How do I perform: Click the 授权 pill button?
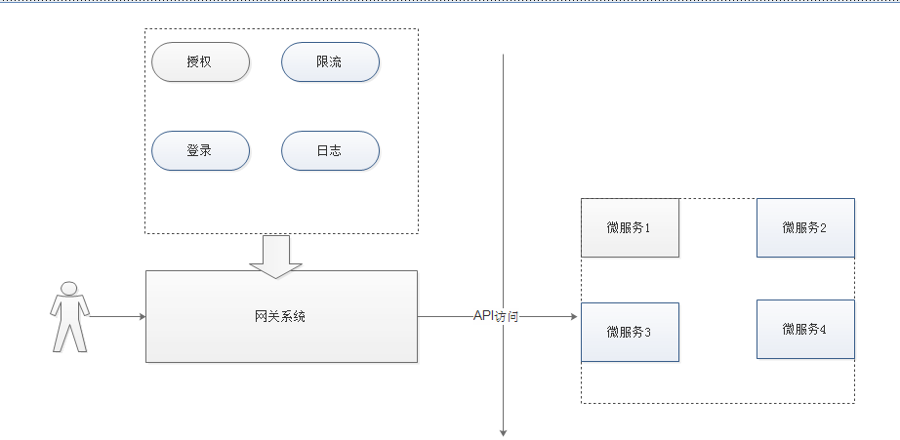tap(200, 61)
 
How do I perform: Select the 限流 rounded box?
tap(330, 61)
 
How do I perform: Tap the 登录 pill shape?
tap(200, 150)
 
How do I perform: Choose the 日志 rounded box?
tap(330, 150)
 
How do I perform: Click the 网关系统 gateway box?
tap(281, 316)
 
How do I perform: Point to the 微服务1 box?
tap(630, 227)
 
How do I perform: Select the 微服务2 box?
tap(805, 227)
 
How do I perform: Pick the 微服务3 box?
tap(630, 332)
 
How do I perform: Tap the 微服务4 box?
tap(805, 329)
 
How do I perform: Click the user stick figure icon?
tap(69, 316)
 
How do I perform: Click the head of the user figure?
tap(69, 288)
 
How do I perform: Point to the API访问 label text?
tap(496, 315)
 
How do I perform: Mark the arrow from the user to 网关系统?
tap(117, 316)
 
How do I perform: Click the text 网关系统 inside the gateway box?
tap(280, 316)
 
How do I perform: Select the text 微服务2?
tap(804, 227)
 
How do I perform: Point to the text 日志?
tap(329, 150)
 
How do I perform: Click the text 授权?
tap(199, 61)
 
